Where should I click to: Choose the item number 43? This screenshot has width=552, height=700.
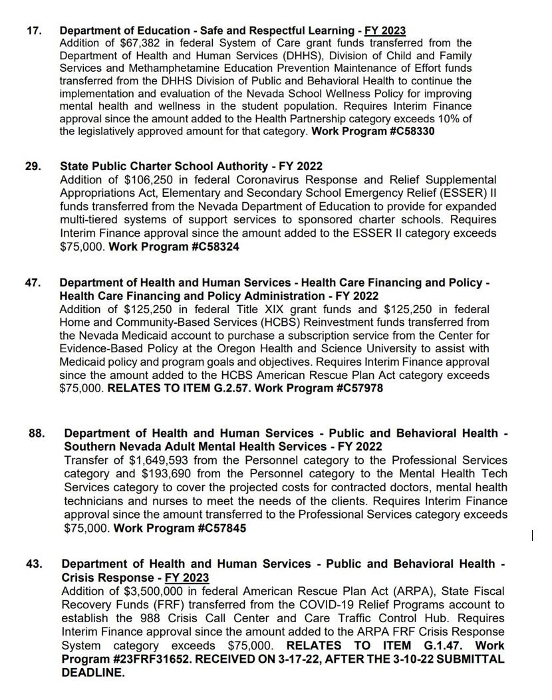[34, 564]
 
